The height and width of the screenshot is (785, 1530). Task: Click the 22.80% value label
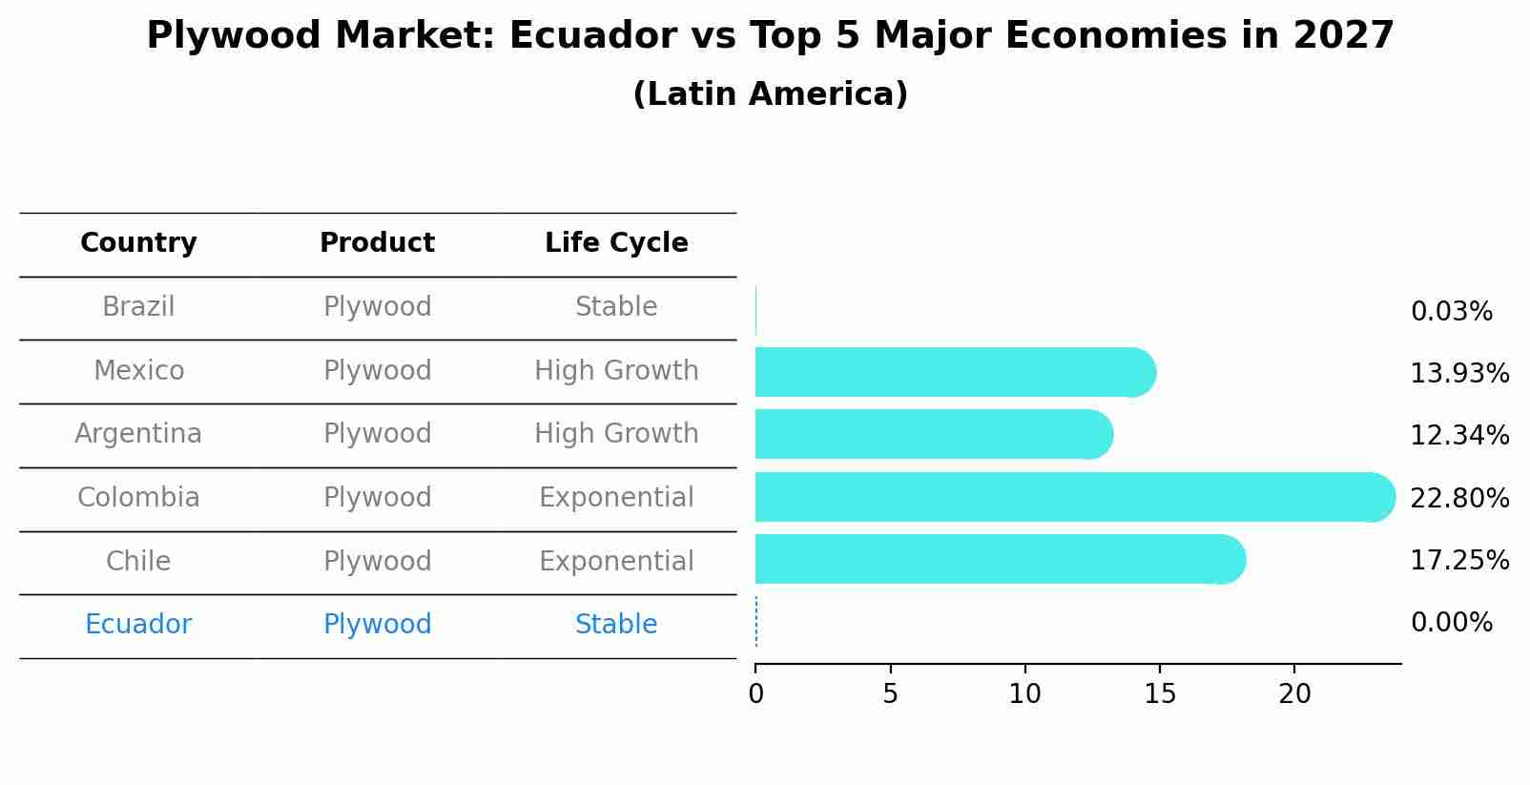[1459, 498]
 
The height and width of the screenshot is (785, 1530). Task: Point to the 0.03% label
[1451, 312]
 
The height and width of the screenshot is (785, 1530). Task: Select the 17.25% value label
[1459, 560]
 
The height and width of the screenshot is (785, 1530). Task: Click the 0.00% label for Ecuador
[1451, 623]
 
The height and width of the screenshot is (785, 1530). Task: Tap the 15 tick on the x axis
[1160, 694]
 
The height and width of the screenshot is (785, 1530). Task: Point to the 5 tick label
[890, 694]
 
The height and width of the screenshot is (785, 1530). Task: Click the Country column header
[138, 243]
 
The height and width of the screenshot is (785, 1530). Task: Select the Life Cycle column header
[616, 243]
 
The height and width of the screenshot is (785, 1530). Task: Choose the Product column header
[377, 243]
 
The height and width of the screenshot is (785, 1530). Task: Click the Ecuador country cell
[138, 625]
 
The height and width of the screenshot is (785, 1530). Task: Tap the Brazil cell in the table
[138, 307]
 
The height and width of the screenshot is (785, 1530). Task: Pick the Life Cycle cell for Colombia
[616, 498]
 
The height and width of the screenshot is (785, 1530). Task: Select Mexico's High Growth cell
[616, 370]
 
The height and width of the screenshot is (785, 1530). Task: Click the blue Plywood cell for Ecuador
[377, 625]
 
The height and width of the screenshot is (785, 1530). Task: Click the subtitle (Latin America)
[770, 94]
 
